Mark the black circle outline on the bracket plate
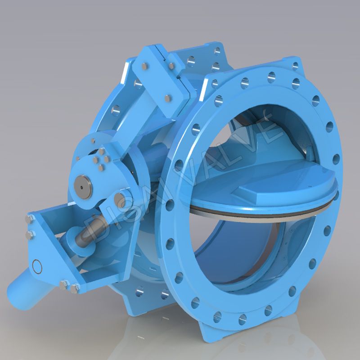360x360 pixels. [x=37, y=266]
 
